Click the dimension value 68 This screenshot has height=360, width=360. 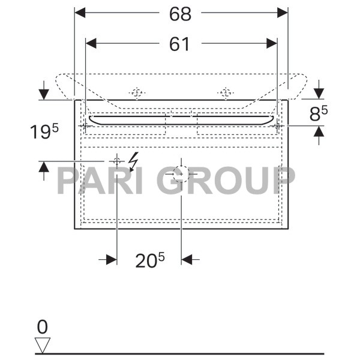click(180, 14)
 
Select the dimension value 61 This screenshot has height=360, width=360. click(179, 44)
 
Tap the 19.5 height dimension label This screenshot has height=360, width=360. click(44, 131)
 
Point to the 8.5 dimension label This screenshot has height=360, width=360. click(319, 113)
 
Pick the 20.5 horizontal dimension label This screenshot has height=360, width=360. click(150, 260)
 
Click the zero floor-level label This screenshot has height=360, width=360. click(43, 327)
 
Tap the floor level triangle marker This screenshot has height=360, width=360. click(43, 345)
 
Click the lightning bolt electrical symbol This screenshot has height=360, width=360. click(134, 162)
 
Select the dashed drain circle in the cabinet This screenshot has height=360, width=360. click(181, 174)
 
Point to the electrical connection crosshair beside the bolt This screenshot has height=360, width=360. click(117, 161)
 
